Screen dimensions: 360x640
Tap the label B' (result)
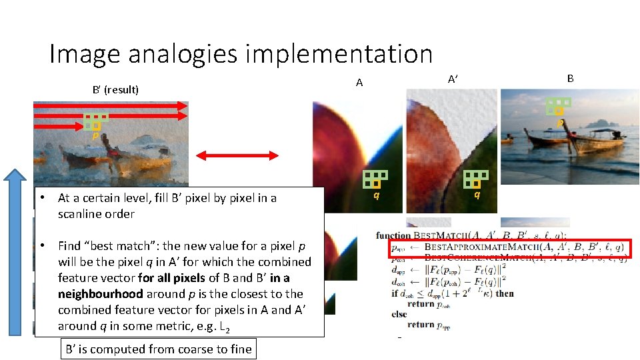tap(115, 89)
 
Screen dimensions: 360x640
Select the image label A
tap(359, 83)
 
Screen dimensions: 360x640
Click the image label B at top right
tap(571, 78)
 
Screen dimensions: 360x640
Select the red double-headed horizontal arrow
tap(237, 155)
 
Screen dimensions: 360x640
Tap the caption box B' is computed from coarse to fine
tap(157, 349)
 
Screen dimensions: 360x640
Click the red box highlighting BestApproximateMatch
tap(509, 248)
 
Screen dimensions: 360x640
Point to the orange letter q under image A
tap(377, 195)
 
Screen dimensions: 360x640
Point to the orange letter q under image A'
tap(477, 195)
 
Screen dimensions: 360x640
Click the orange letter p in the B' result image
tap(96, 134)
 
